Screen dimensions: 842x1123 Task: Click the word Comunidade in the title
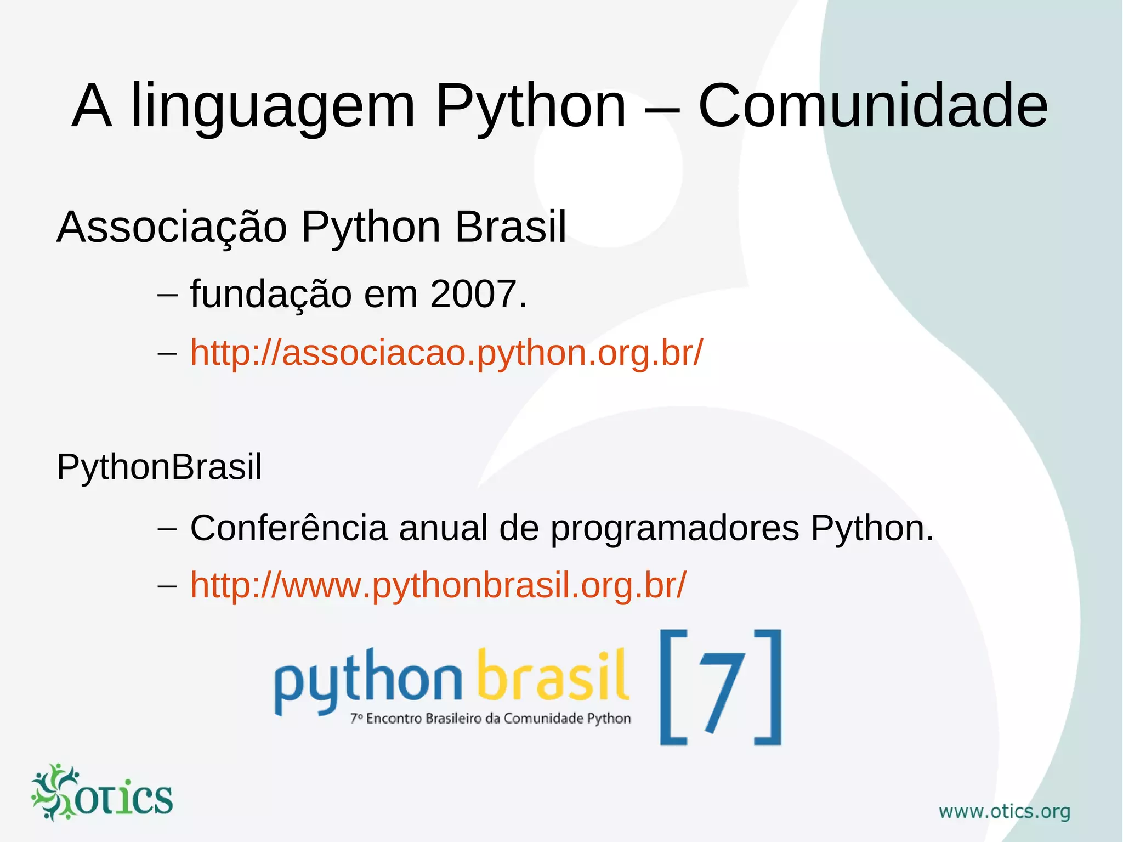pyautogui.click(x=872, y=105)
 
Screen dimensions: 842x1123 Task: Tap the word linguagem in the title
pyautogui.click(x=273, y=108)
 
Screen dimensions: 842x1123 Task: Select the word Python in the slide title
pyautogui.click(x=530, y=108)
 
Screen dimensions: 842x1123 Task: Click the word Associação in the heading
pyautogui.click(x=172, y=228)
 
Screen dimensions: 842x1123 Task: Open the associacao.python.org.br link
pyautogui.click(x=446, y=353)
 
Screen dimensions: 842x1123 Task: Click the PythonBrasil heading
pyautogui.click(x=159, y=467)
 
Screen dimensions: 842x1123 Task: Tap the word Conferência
pyautogui.click(x=288, y=528)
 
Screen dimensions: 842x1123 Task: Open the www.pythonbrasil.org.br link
pyautogui.click(x=438, y=585)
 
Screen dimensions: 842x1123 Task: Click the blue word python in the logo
pyautogui.click(x=367, y=680)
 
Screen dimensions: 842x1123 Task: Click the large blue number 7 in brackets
pyautogui.click(x=721, y=688)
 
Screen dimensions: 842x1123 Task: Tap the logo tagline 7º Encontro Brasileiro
pyautogui.click(x=490, y=719)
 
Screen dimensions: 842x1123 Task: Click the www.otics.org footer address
pyautogui.click(x=1004, y=811)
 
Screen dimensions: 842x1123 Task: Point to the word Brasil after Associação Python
pyautogui.click(x=510, y=228)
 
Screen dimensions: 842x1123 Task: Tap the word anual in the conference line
pyautogui.click(x=443, y=528)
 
